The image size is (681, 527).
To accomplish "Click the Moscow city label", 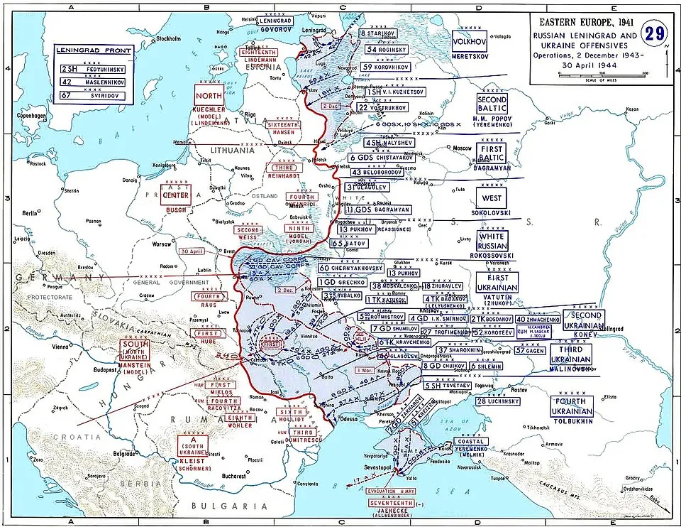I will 462,148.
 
